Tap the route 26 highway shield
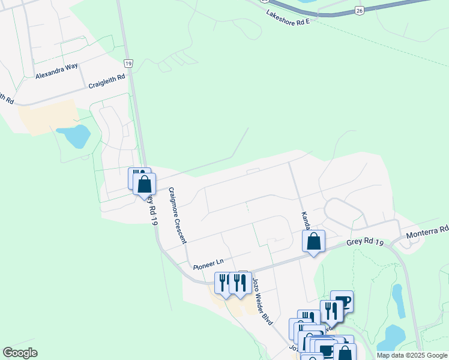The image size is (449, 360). pos(359,10)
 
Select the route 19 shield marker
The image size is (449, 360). pos(128,63)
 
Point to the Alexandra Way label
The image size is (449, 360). pos(57,76)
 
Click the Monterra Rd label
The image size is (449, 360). pos(427,231)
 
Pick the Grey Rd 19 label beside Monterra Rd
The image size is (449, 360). pos(364,242)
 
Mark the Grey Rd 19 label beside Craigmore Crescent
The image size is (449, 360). pos(150,208)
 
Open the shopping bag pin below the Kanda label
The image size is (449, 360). pos(313,241)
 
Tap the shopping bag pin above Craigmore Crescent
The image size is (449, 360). pos(144,184)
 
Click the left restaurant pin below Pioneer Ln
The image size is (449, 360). pos(223,283)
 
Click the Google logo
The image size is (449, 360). pos(20,353)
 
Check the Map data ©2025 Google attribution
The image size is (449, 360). pos(412,355)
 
